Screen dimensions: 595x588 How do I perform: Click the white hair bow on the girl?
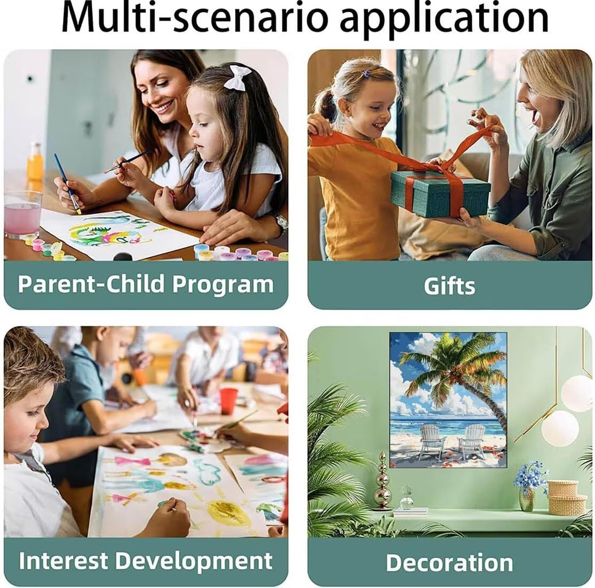(237, 77)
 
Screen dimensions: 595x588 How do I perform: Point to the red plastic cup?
(228, 401)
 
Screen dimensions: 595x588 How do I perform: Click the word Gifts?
(449, 286)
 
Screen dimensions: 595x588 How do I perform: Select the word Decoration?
(450, 562)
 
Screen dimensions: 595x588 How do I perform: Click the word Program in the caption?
(223, 284)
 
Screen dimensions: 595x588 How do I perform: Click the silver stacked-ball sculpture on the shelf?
(382, 481)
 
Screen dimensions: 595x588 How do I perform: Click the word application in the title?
(444, 19)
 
